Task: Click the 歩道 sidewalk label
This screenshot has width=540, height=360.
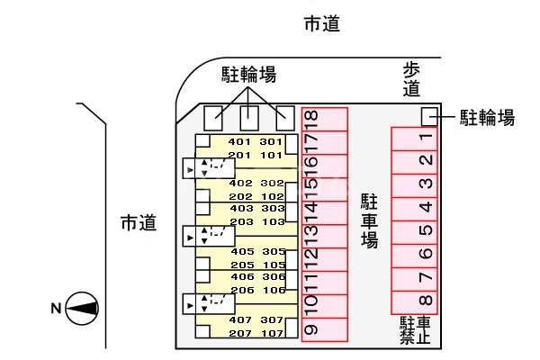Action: [x=411, y=79]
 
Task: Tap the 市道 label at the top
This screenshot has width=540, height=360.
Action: [x=322, y=24]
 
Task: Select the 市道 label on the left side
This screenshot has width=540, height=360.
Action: [x=138, y=223]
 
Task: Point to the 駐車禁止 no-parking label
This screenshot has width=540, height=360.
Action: [x=415, y=330]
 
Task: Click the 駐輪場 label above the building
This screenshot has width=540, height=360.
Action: [x=248, y=75]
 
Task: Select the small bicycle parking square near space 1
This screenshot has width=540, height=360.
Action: [x=429, y=116]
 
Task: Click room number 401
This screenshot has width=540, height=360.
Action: [x=239, y=142]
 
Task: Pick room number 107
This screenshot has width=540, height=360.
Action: [x=272, y=333]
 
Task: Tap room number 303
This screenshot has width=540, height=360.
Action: [x=272, y=209]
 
